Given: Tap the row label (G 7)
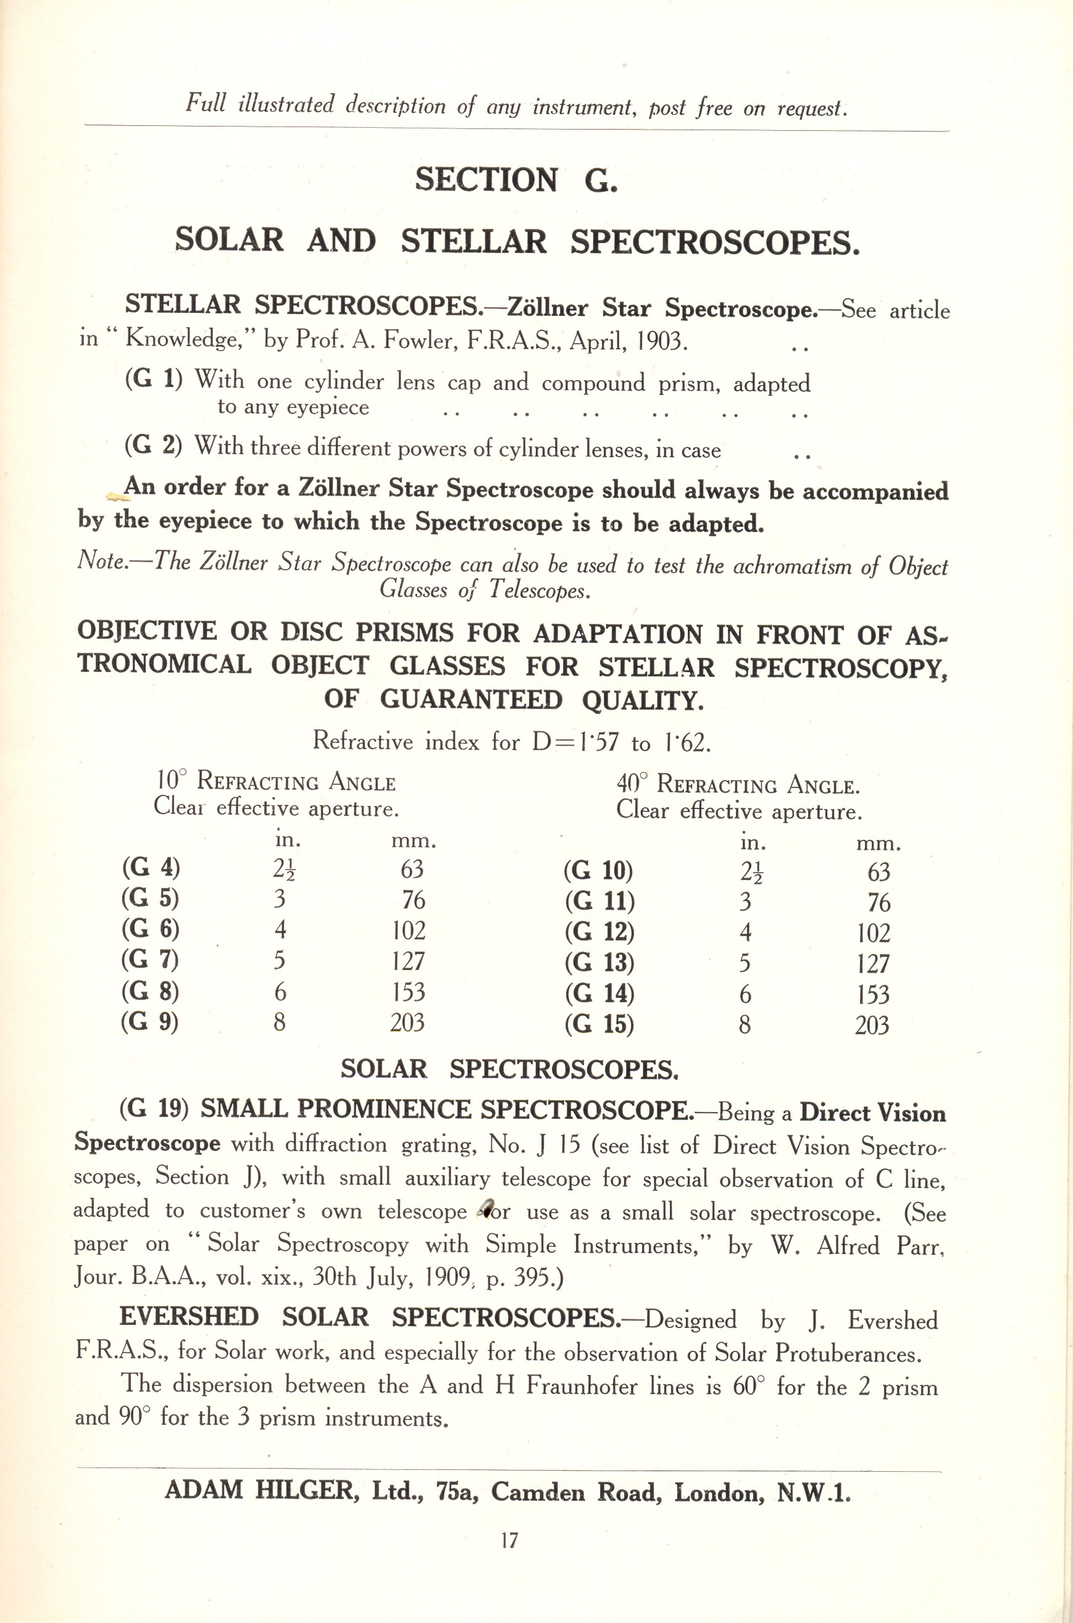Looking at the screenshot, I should pos(150,960).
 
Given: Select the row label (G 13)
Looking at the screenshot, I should pos(599,963).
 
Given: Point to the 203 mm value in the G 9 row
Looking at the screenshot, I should pos(408,1023).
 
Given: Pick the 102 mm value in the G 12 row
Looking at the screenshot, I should pos(872,934).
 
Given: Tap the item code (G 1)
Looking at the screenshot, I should pos(153,379).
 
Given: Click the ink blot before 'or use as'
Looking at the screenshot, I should pos(487,1208).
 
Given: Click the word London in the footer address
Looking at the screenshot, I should pos(720,1492).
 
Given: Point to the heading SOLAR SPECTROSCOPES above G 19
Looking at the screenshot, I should pos(509,1069).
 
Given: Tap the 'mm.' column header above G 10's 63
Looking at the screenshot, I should pos(878,844).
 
